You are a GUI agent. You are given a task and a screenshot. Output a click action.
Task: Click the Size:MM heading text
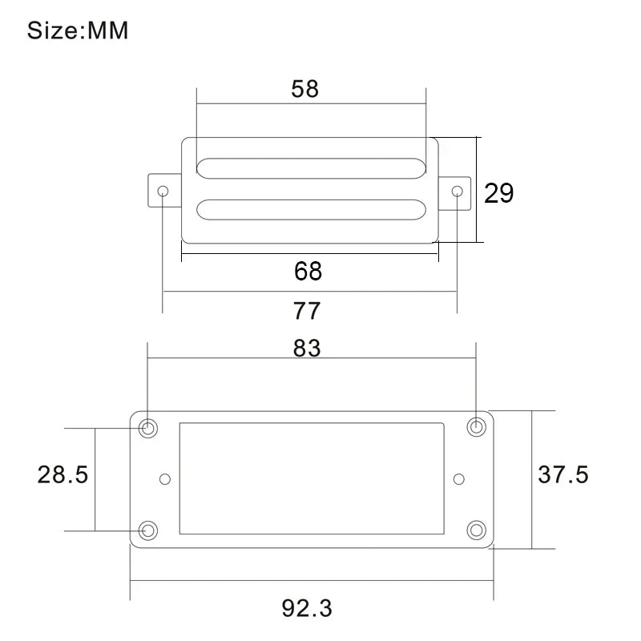coord(78,30)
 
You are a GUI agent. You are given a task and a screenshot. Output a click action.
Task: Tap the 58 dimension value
coord(305,89)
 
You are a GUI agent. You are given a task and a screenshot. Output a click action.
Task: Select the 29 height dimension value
coord(498,193)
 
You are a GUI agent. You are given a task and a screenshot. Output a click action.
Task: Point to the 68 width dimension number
coord(308,271)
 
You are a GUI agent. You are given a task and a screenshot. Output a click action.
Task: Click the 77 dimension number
coord(307,311)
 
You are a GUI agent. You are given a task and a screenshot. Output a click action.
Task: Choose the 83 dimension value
coord(307,349)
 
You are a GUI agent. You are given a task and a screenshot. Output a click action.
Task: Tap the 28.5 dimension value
coord(62,474)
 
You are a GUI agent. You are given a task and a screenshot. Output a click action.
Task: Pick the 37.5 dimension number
coord(563,474)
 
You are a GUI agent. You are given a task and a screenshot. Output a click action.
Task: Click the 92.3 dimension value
coord(307,608)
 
